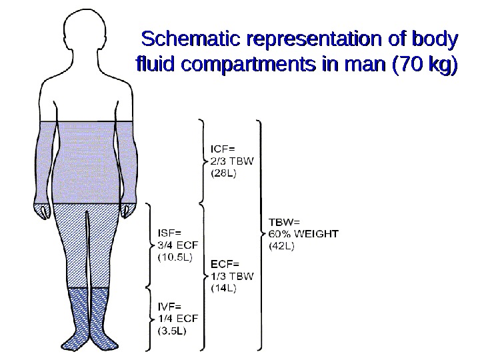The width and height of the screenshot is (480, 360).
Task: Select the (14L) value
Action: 225,287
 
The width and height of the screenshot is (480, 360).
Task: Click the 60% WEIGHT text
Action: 303,233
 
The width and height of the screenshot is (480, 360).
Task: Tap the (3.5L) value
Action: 172,330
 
